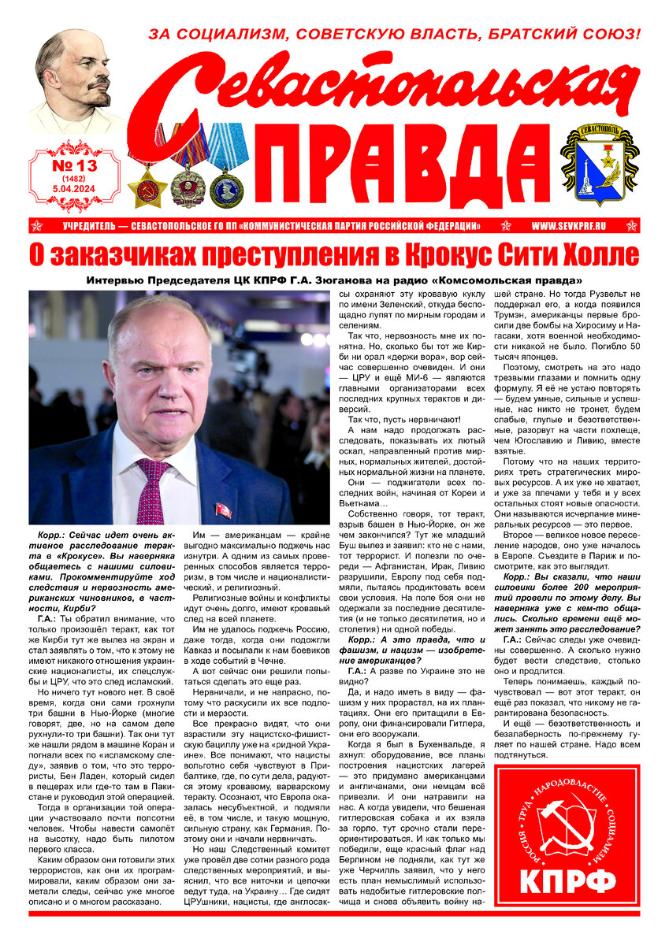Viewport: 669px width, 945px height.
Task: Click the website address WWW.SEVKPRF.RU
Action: tap(567, 226)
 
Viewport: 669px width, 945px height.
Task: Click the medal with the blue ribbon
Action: tap(227, 169)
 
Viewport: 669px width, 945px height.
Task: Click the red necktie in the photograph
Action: tap(151, 489)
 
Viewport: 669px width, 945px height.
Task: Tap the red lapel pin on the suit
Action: tap(224, 510)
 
